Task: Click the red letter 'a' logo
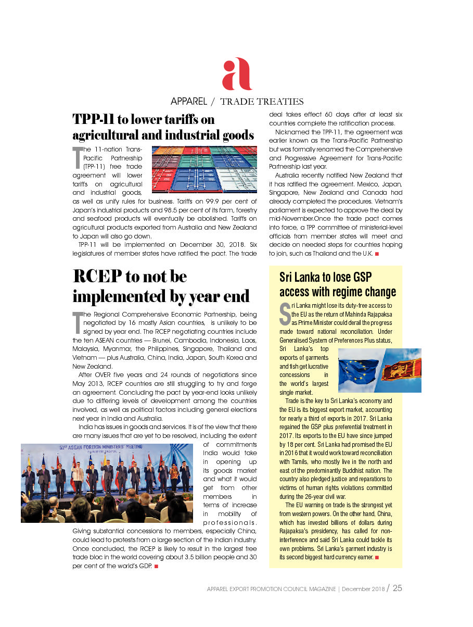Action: (237, 74)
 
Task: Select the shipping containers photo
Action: (204, 169)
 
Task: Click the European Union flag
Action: (359, 370)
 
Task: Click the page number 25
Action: (398, 588)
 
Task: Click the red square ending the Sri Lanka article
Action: (376, 558)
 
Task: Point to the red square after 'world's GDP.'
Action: (156, 566)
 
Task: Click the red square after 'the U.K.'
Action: (376, 254)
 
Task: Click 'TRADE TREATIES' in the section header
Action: (262, 102)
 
